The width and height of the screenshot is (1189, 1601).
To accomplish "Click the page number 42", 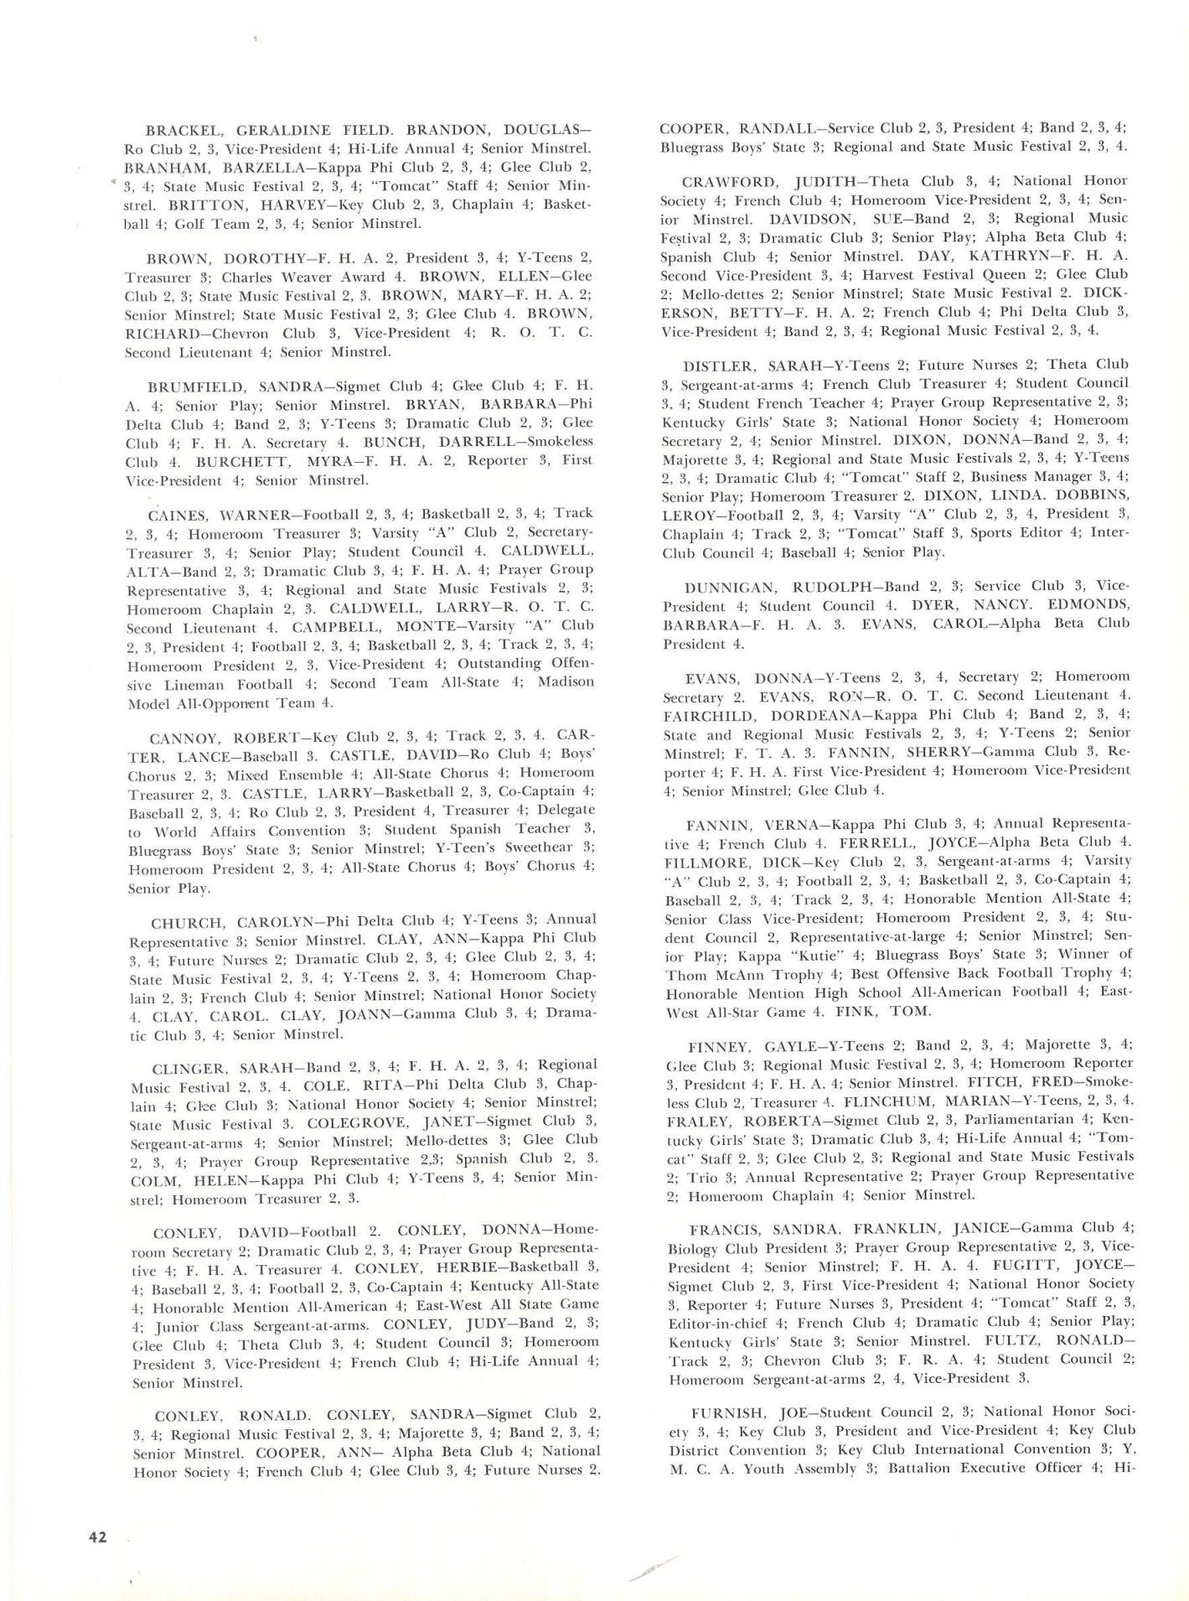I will click(98, 1537).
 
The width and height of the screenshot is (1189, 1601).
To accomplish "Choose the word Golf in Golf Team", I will click(190, 224).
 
